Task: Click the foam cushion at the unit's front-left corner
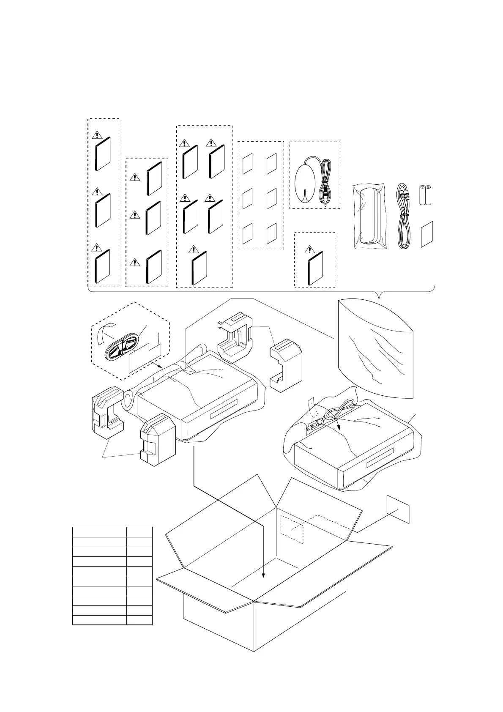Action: click(158, 440)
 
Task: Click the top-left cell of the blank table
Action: click(99, 532)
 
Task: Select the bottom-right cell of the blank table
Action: click(139, 620)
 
